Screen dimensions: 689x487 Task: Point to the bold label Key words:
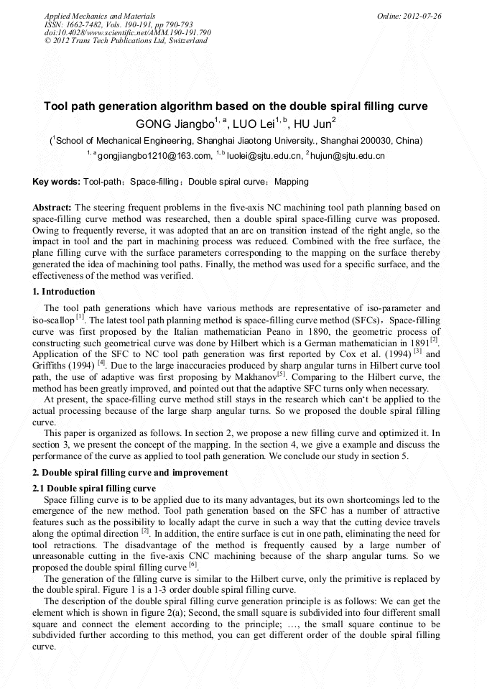click(x=57, y=182)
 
